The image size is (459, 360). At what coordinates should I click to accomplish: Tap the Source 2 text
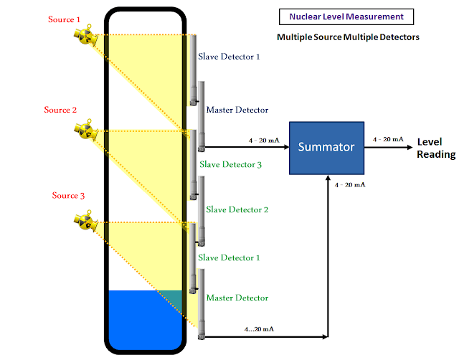(x=60, y=110)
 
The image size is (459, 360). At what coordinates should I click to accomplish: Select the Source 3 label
(x=69, y=196)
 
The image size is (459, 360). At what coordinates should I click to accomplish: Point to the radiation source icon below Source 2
(x=83, y=131)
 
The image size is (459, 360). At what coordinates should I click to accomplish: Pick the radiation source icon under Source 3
(x=83, y=219)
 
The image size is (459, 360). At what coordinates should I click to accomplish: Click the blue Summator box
(x=326, y=147)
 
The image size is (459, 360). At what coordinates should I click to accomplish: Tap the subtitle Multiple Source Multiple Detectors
(x=348, y=37)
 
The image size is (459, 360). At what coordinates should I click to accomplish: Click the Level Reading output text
(x=436, y=148)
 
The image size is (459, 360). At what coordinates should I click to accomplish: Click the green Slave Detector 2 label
(x=237, y=209)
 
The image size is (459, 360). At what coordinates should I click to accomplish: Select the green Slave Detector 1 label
(x=229, y=257)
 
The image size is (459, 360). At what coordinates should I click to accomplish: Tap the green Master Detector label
(x=237, y=298)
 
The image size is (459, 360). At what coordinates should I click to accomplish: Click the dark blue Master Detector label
(x=237, y=110)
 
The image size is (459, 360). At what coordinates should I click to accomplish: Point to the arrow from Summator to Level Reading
(x=387, y=147)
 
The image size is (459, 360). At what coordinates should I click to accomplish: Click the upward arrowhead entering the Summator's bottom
(x=327, y=179)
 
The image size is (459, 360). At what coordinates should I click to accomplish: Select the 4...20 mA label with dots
(x=259, y=329)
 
